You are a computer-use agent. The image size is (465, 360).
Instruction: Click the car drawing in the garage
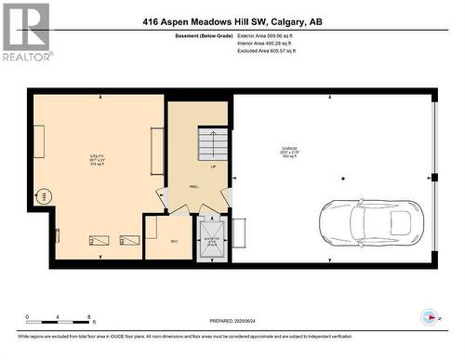coord(370,223)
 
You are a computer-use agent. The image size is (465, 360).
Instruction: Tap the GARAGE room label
coord(291,150)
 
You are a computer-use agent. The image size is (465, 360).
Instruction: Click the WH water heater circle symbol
coord(43,196)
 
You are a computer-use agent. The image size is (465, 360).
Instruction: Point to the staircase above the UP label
coord(213,144)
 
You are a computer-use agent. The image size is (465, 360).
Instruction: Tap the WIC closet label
coord(173,241)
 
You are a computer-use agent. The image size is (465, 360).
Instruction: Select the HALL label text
coord(194,187)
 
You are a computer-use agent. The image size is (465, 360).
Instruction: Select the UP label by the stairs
coord(213,167)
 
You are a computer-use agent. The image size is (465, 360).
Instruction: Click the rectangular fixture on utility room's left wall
coord(39,143)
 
